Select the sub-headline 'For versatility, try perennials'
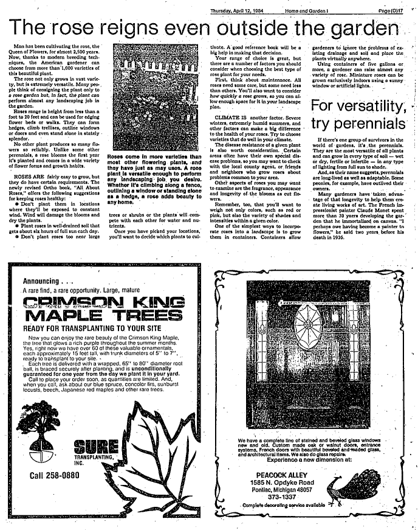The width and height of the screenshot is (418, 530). (x=358, y=115)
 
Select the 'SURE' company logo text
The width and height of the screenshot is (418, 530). (x=88, y=443)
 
